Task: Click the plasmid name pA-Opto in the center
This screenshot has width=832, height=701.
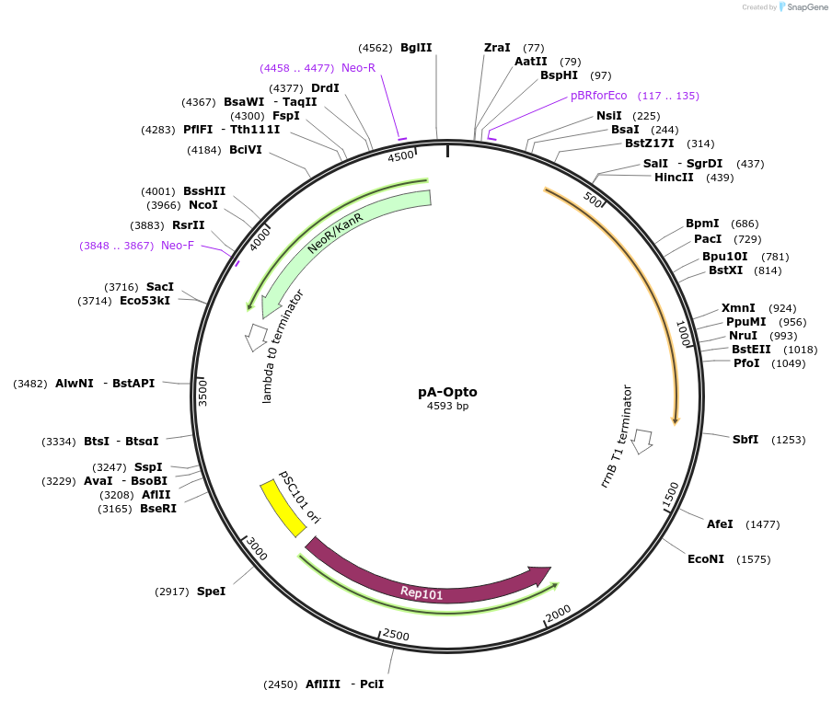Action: (x=447, y=392)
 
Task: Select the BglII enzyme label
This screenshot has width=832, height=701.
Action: (x=416, y=48)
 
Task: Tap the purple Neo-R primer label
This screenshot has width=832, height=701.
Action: (x=358, y=68)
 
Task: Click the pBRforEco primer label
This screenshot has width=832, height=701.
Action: (x=598, y=96)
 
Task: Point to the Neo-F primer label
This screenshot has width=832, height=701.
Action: (x=178, y=246)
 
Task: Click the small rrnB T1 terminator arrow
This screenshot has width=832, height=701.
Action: (x=642, y=441)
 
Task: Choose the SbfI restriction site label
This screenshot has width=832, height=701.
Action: (x=745, y=440)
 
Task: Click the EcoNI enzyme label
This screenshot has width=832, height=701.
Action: (x=706, y=559)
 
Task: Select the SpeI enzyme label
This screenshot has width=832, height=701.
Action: (x=211, y=592)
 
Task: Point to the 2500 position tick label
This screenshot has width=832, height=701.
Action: (x=396, y=635)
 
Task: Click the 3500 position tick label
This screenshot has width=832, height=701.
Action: (x=204, y=392)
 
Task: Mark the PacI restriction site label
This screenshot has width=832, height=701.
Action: (x=708, y=239)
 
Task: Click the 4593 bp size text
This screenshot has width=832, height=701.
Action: (x=447, y=407)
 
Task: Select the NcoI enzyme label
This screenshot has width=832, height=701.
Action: (x=202, y=205)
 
